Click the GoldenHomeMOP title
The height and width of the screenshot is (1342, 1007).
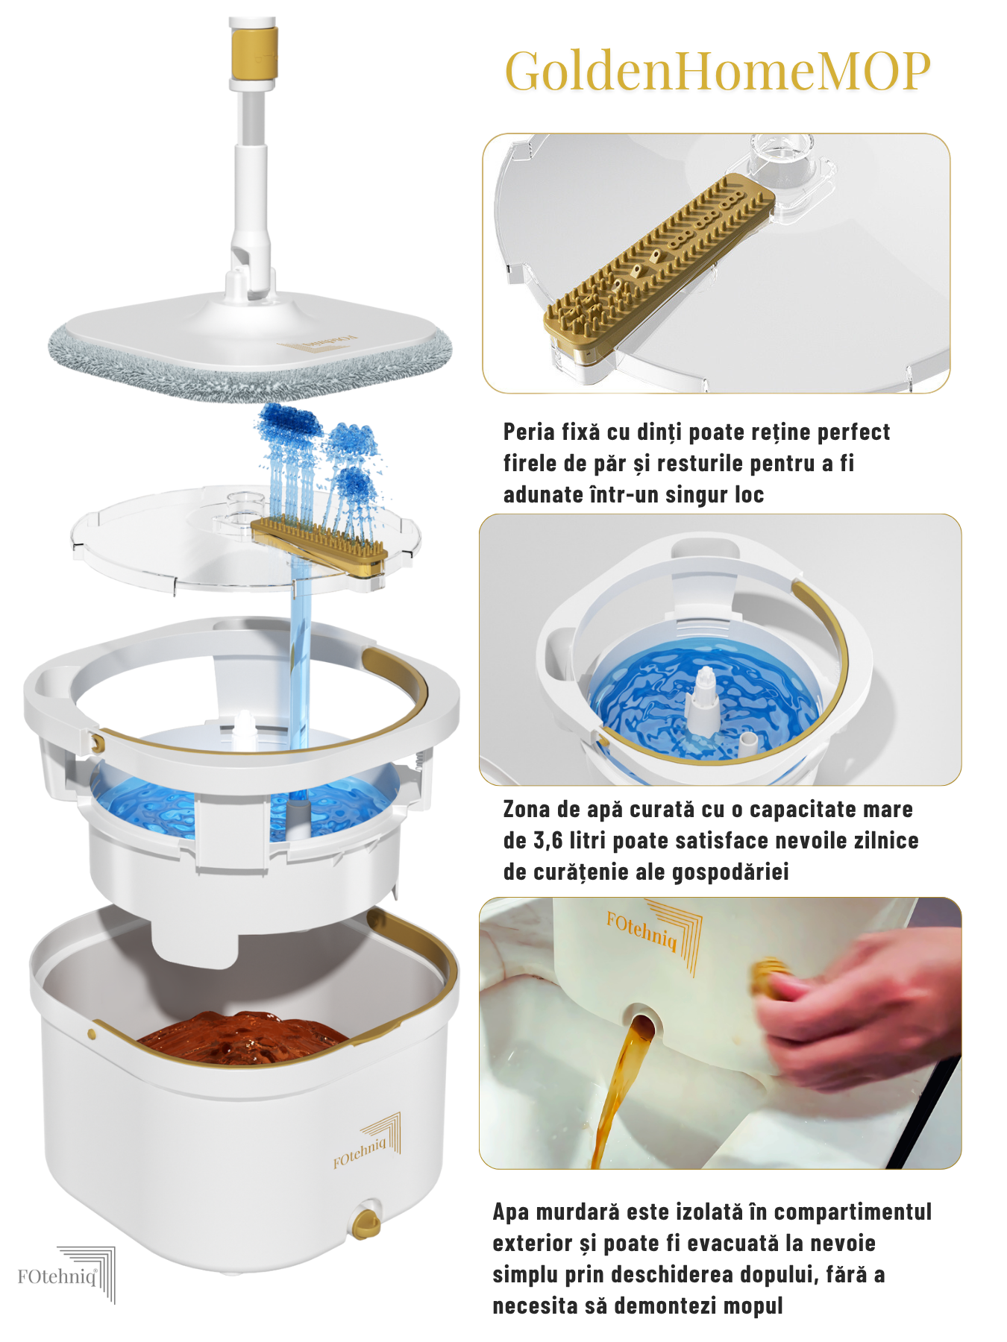pos(718,72)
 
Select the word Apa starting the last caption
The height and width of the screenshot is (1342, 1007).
pos(509,1212)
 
